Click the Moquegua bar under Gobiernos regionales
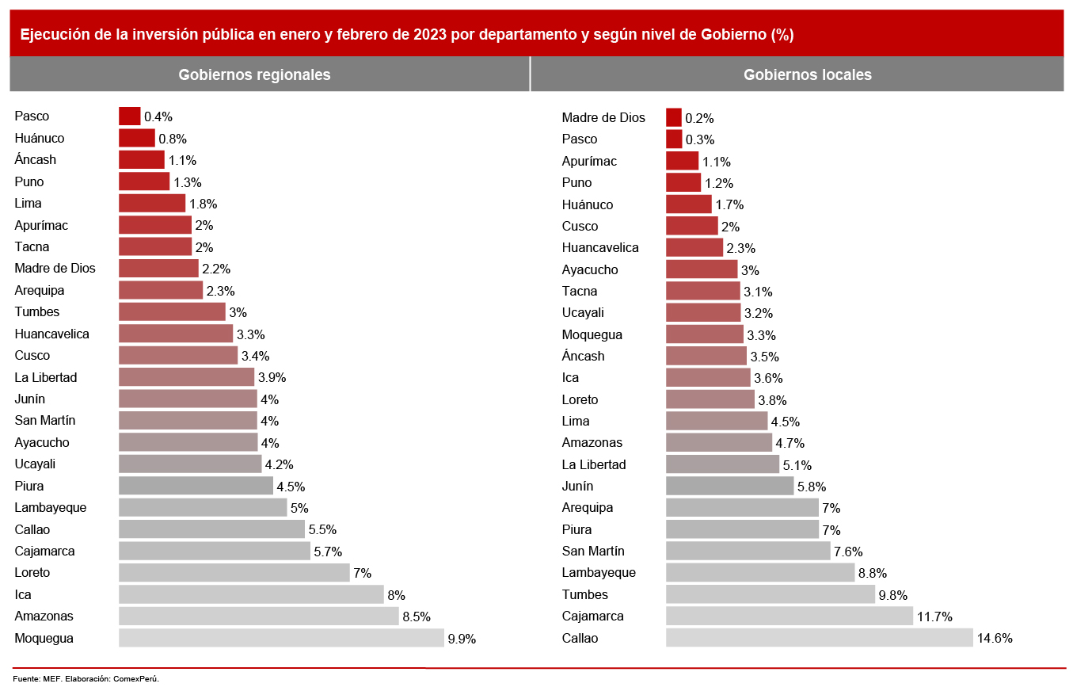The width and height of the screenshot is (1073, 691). pyautogui.click(x=281, y=638)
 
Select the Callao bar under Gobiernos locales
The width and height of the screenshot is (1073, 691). pyautogui.click(x=819, y=638)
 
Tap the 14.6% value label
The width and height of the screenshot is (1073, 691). pyautogui.click(x=995, y=639)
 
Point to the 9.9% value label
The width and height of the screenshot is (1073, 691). pyautogui.click(x=462, y=639)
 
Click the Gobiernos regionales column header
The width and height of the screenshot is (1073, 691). pyautogui.click(x=254, y=74)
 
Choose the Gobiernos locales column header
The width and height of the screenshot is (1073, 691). pyautogui.click(x=807, y=74)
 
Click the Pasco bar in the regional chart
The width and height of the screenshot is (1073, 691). pyautogui.click(x=129, y=116)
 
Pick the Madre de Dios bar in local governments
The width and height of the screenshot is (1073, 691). pyautogui.click(x=674, y=117)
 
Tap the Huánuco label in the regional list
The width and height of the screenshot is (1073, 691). pyautogui.click(x=40, y=138)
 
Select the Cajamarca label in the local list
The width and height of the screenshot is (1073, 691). pyautogui.click(x=592, y=616)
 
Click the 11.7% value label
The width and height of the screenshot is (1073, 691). pyautogui.click(x=934, y=617)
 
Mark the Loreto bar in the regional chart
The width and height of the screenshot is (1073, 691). pyautogui.click(x=234, y=572)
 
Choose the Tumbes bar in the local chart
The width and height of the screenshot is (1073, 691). pyautogui.click(x=771, y=594)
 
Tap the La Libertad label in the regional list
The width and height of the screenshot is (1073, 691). pyautogui.click(x=46, y=377)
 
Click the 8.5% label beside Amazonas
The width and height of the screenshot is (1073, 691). pyautogui.click(x=416, y=617)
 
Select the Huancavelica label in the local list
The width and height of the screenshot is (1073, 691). pyautogui.click(x=600, y=247)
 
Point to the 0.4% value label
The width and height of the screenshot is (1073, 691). pyautogui.click(x=158, y=117)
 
